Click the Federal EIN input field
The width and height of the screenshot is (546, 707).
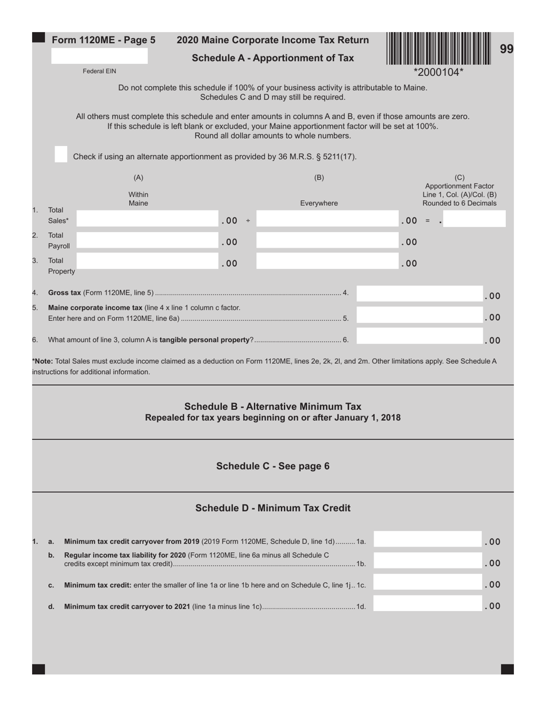click(99, 56)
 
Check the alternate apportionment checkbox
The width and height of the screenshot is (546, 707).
click(61, 154)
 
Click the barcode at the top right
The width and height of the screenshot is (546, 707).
click(439, 48)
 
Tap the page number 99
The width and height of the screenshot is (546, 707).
click(506, 49)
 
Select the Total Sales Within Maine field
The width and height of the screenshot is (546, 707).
click(147, 219)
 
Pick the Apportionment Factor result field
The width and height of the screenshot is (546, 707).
click(475, 219)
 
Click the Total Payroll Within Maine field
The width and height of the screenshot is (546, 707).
click(147, 241)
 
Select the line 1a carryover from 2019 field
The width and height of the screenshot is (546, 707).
click(428, 539)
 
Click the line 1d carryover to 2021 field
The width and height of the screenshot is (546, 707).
click(428, 604)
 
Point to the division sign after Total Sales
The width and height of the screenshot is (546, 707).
click(248, 221)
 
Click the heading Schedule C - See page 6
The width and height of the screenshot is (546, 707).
click(273, 466)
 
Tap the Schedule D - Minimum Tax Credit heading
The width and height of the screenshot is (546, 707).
click(273, 508)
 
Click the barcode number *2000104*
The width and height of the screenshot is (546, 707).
click(439, 72)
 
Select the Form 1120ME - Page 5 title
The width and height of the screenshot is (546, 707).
click(103, 40)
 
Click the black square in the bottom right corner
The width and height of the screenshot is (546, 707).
click(507, 669)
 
